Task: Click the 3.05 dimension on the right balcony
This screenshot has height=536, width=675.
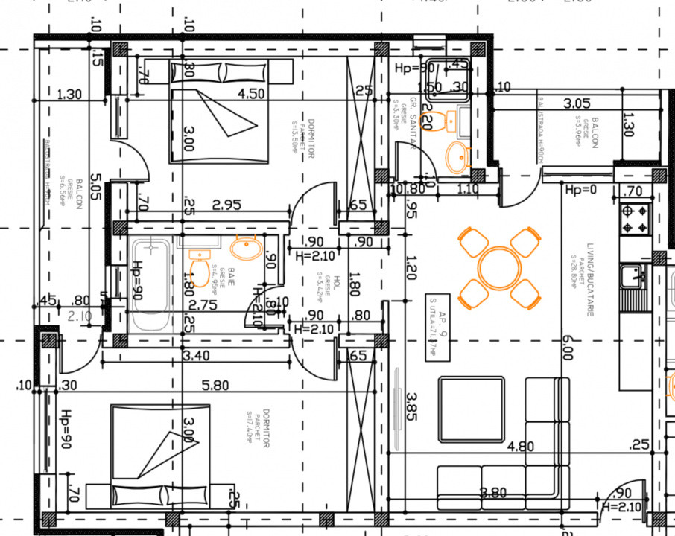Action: click(x=577, y=103)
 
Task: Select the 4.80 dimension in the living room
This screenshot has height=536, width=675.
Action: click(x=520, y=447)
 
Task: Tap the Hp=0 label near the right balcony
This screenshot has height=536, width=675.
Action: click(x=580, y=191)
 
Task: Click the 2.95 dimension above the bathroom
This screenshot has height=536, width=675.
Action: click(x=226, y=205)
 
